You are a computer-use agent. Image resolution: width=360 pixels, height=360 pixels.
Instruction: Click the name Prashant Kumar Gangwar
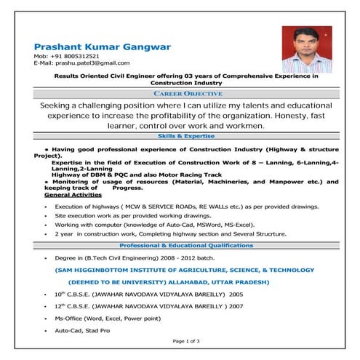(x=103, y=47)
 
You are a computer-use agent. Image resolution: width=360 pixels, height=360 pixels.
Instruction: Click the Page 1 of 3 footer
(x=186, y=340)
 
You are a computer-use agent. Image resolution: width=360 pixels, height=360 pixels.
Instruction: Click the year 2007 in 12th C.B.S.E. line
(x=236, y=306)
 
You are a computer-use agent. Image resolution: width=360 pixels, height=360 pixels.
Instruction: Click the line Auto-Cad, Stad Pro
(x=82, y=331)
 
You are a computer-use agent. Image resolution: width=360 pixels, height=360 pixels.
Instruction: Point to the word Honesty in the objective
(x=267, y=116)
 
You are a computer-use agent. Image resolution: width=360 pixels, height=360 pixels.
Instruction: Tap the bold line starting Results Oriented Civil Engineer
(x=186, y=76)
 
